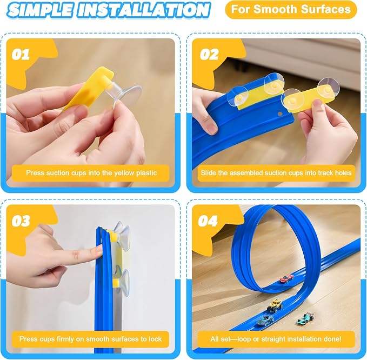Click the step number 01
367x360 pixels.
[x=21, y=54]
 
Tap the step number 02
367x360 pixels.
[x=209, y=54]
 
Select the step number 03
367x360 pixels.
[x=21, y=221]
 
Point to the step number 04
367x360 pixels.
[x=208, y=221]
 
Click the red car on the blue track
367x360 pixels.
[x=287, y=278]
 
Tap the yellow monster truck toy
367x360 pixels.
[x=275, y=305]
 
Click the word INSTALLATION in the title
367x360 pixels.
[x=143, y=10]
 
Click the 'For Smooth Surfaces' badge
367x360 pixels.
[x=291, y=10]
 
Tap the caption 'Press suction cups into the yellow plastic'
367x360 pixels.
[x=91, y=173]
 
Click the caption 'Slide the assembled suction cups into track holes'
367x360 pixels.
[x=276, y=173]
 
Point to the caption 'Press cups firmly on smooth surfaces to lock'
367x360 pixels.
[x=90, y=339]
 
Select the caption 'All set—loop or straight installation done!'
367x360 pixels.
[x=276, y=339]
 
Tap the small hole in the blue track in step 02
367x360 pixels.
[x=279, y=114]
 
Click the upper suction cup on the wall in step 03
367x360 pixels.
[x=121, y=235]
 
